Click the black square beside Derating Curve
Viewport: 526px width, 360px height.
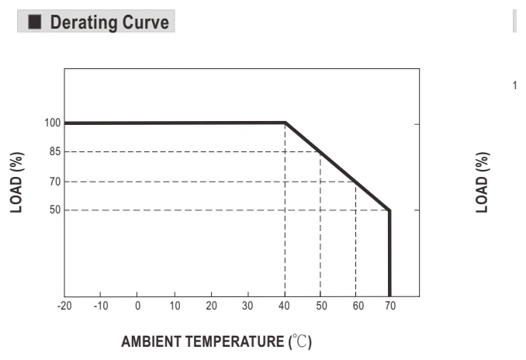(35, 22)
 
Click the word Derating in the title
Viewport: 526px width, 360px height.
(84, 22)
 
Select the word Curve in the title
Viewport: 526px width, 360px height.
(145, 22)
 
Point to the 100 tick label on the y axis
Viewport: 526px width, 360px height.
(53, 123)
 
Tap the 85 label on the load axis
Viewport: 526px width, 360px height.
(55, 151)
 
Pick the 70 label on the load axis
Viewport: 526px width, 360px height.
(55, 182)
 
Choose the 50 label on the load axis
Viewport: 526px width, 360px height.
(55, 210)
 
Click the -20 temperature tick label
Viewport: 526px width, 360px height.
(64, 306)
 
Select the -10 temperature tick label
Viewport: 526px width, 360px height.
(101, 306)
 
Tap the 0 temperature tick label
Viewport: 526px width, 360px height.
(137, 306)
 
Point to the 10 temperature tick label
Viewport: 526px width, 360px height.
(175, 306)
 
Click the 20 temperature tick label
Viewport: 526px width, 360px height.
(211, 306)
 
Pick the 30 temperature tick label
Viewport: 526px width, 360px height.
(247, 306)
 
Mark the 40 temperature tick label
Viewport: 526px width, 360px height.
(284, 306)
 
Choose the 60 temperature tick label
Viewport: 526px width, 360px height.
(358, 306)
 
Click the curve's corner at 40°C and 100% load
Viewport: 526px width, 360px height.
(285, 123)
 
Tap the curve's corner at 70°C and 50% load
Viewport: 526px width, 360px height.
(389, 210)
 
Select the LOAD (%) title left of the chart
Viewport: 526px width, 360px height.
(16, 182)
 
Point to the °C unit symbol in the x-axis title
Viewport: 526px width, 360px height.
(300, 341)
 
